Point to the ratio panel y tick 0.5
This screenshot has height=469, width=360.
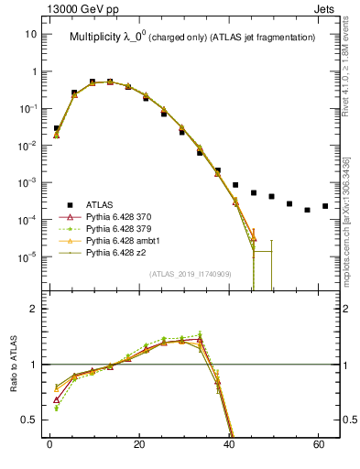[29, 420]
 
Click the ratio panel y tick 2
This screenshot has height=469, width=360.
[34, 309]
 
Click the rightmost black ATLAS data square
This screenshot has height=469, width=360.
[325, 206]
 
